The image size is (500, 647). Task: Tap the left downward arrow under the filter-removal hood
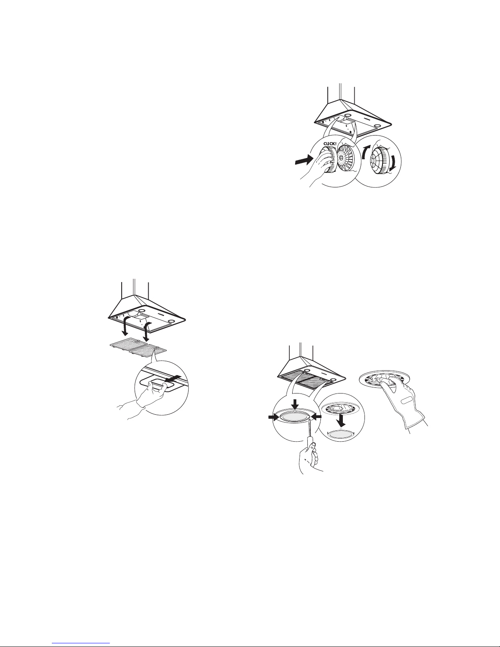126,327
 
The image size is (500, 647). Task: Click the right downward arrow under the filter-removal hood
147,331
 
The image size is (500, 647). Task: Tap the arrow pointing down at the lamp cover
295,405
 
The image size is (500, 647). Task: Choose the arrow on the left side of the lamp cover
273,418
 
